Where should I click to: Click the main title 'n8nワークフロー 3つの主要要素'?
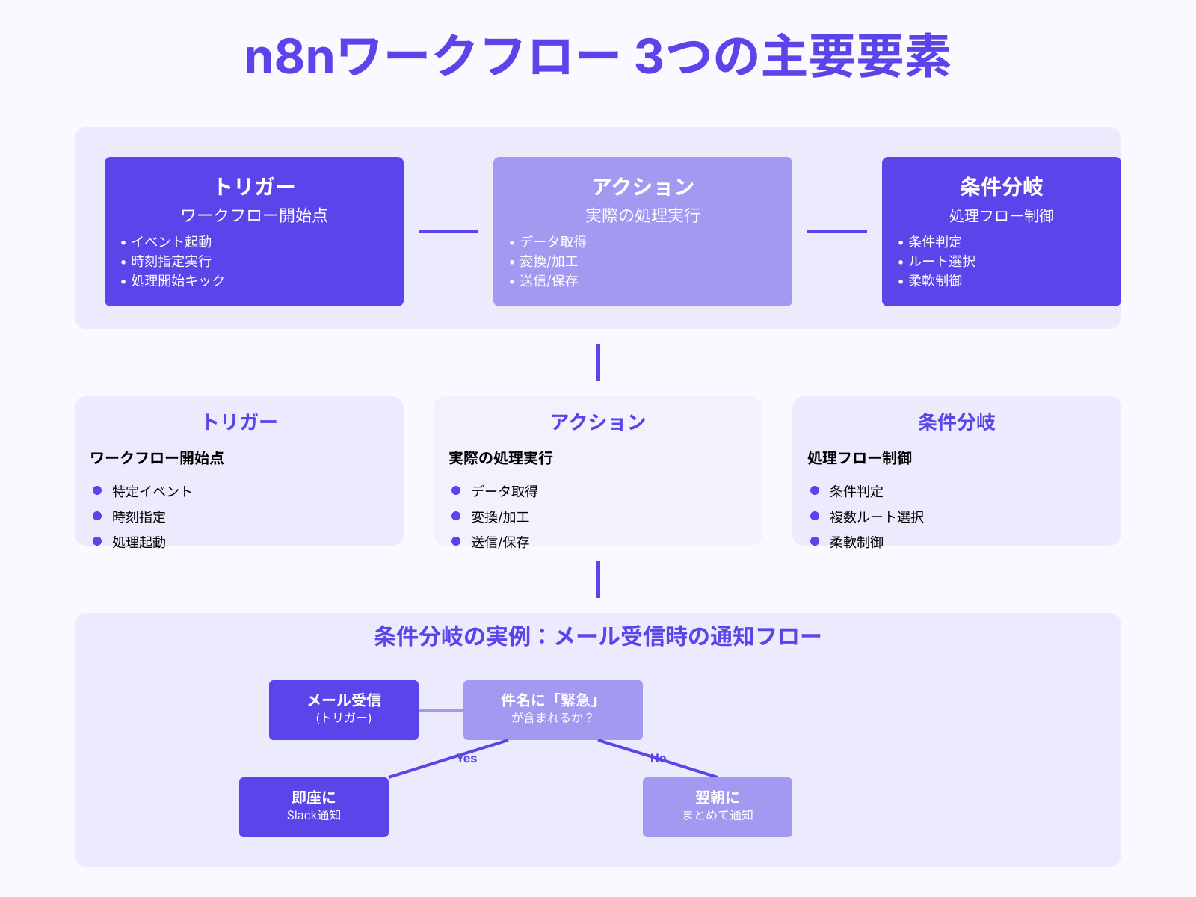[597, 57]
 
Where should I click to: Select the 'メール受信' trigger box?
[344, 709]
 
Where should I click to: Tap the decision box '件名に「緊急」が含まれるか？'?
[553, 709]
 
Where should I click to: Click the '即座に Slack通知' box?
[314, 807]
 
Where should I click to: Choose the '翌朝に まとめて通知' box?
[718, 807]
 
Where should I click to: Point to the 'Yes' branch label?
[467, 759]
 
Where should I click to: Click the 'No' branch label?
[658, 759]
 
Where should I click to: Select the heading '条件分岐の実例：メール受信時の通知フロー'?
[597, 636]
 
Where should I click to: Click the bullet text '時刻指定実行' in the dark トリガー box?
[171, 261]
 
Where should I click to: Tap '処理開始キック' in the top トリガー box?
[178, 280]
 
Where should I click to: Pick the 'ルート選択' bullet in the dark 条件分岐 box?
[942, 261]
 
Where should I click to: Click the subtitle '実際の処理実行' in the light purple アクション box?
[643, 215]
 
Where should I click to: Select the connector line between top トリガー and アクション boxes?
[449, 232]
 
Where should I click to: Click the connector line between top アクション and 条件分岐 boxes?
[837, 232]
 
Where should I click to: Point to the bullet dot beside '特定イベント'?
[97, 490]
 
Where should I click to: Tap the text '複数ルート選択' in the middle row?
[877, 517]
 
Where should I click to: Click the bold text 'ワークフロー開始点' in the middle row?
[157, 457]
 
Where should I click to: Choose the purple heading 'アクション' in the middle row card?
[598, 422]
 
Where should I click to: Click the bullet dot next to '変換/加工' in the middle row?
[456, 516]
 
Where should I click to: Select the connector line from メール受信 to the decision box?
[441, 709]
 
